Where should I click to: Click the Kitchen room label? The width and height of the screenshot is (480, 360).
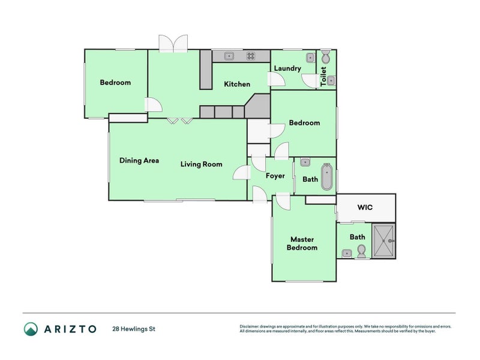pyautogui.click(x=237, y=84)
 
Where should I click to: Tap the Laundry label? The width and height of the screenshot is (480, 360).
pyautogui.click(x=287, y=68)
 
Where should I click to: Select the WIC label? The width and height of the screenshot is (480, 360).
pyautogui.click(x=365, y=208)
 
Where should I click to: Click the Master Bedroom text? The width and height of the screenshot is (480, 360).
pyautogui.click(x=302, y=244)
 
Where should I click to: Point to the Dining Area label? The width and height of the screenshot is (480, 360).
pyautogui.click(x=139, y=160)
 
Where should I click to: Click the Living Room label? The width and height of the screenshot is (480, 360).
pyautogui.click(x=202, y=164)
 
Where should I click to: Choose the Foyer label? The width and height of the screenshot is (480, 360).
pyautogui.click(x=275, y=176)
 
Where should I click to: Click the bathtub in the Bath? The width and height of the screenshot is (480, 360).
pyautogui.click(x=326, y=176)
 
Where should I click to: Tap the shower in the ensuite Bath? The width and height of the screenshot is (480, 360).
pyautogui.click(x=383, y=241)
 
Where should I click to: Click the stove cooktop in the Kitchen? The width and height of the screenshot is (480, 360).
pyautogui.click(x=250, y=56)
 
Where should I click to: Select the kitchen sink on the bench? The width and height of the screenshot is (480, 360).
pyautogui.click(x=229, y=56)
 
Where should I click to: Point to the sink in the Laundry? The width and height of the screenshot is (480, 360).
pyautogui.click(x=310, y=58)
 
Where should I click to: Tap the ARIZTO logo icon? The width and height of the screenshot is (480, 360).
pyautogui.click(x=31, y=329)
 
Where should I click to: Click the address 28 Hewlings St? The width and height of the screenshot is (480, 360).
pyautogui.click(x=134, y=329)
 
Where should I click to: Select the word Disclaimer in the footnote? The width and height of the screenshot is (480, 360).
pyautogui.click(x=251, y=326)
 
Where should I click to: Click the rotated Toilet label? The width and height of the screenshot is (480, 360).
pyautogui.click(x=324, y=77)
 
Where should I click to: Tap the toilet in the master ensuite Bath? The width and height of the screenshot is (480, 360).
pyautogui.click(x=361, y=254)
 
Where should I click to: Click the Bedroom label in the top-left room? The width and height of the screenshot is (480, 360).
pyautogui.click(x=115, y=83)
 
